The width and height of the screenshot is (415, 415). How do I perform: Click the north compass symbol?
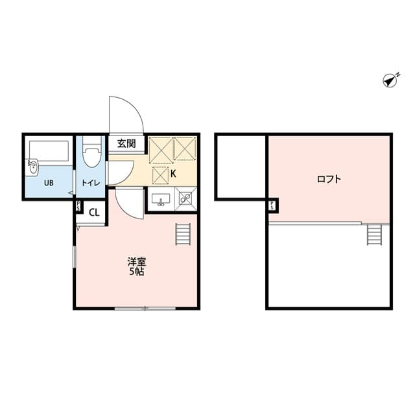click(390, 80)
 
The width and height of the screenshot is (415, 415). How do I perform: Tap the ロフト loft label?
click(329, 180)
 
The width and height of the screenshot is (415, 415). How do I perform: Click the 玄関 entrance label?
click(126, 143)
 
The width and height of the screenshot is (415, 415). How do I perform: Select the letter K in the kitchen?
click(173, 173)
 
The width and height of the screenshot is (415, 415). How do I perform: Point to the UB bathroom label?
click(49, 183)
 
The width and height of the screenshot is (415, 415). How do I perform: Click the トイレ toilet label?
click(90, 184)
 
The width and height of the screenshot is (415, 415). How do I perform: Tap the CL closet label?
click(93, 212)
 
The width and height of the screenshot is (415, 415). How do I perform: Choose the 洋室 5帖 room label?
click(136, 267)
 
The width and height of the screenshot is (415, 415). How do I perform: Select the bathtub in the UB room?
click(49, 150)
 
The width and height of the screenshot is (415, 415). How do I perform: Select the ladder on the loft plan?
click(375, 234)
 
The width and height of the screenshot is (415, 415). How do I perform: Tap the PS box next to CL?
click(78, 207)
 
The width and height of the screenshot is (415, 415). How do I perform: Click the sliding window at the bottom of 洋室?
click(145, 308)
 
